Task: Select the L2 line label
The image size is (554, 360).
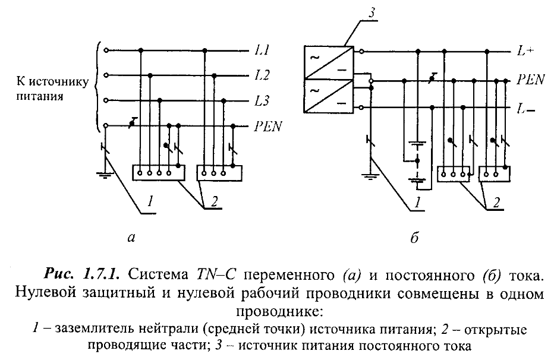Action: (262, 75)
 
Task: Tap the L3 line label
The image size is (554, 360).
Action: (262, 100)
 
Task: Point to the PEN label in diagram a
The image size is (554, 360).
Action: (269, 126)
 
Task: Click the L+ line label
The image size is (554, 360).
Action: (524, 51)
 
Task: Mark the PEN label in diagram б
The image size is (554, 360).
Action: (529, 78)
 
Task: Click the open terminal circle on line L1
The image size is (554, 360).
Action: (106, 50)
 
